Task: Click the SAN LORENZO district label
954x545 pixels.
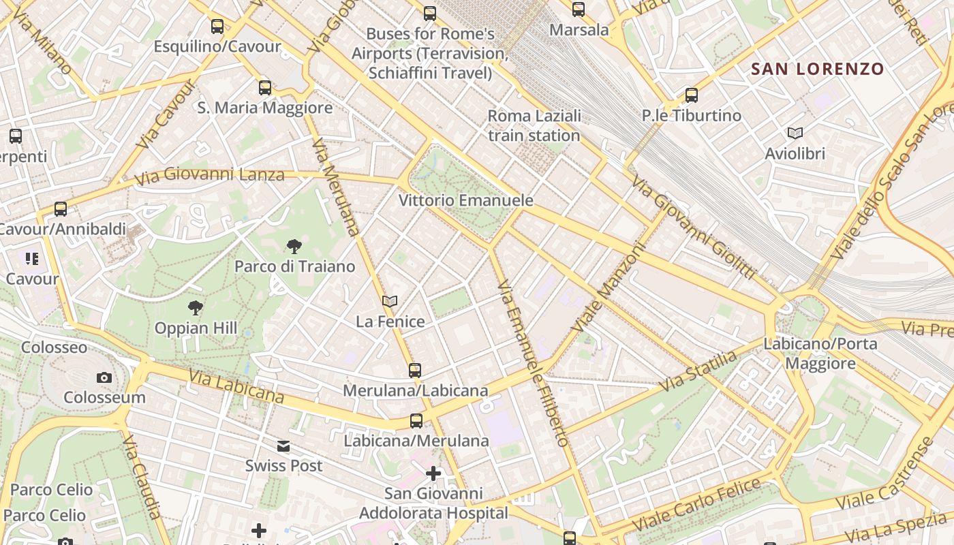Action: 817,69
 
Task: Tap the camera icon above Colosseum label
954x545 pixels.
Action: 104,377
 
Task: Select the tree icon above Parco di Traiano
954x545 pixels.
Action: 294,246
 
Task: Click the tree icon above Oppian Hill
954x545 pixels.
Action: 196,308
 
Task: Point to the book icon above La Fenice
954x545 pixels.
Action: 390,301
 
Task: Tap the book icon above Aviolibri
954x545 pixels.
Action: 795,134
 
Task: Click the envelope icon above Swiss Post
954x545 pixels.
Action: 283,446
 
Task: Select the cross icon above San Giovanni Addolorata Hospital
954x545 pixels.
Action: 433,473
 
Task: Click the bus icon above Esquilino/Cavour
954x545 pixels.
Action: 217,27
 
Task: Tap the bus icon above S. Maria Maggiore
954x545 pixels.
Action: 265,88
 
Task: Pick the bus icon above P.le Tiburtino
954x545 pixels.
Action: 692,95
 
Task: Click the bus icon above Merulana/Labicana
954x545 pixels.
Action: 415,371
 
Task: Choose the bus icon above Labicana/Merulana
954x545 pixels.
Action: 416,421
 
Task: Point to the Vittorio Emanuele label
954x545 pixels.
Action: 465,201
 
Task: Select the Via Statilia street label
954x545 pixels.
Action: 698,371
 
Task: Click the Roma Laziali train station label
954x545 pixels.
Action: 534,125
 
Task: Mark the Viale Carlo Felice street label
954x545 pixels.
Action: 697,505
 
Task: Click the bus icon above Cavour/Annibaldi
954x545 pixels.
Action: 61,209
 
